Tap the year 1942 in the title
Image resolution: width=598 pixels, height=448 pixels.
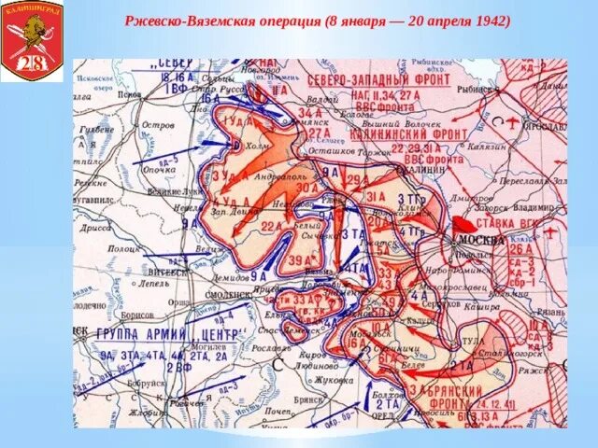pos(487,20)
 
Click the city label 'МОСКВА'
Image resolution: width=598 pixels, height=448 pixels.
pos(482,241)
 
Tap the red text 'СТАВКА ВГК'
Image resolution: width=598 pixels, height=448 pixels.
pos(510,225)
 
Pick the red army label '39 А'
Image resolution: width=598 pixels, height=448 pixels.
pos(300,259)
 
